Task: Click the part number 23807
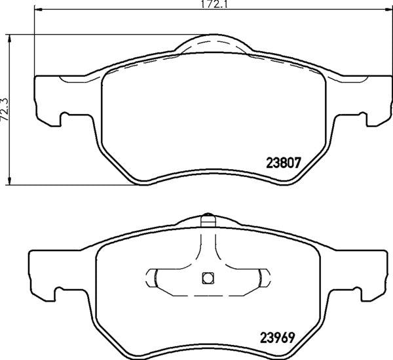pos(283,163)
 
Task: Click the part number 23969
pos(277,338)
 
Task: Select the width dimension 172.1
pos(214,5)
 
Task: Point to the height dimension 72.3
pos(5,110)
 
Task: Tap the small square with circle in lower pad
pos(208,278)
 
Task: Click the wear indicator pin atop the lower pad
pos(208,221)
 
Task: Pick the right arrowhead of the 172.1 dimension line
pos(388,10)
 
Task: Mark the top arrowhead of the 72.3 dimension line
pos(10,39)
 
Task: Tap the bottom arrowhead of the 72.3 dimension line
pos(10,180)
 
